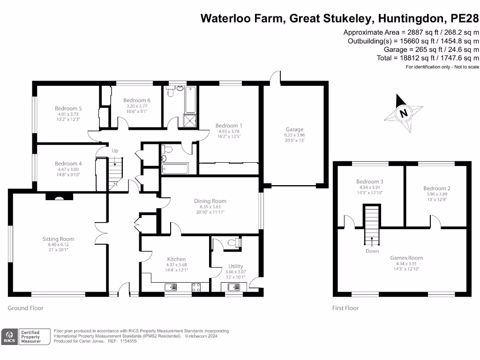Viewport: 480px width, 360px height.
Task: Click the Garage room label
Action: (x=295, y=129)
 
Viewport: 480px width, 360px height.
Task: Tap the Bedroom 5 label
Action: (x=67, y=108)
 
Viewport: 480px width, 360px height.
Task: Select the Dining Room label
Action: (x=210, y=201)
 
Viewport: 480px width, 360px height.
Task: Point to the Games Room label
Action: (x=406, y=258)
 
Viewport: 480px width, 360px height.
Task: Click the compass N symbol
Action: (x=403, y=112)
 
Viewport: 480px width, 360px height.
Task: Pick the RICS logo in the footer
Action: (x=8, y=337)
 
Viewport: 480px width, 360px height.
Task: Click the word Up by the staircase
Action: (x=114, y=150)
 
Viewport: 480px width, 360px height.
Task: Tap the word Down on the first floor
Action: (x=372, y=251)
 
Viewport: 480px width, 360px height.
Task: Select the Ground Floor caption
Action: (x=26, y=308)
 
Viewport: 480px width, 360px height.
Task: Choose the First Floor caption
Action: (x=345, y=308)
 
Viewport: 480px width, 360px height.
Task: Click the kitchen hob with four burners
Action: (x=196, y=287)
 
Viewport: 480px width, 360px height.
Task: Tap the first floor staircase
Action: (x=372, y=224)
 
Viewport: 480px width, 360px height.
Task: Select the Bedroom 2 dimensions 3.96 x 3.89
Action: (x=436, y=194)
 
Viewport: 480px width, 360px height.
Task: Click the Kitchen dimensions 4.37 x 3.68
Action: (x=177, y=265)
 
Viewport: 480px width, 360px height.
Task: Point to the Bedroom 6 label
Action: (x=137, y=100)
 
